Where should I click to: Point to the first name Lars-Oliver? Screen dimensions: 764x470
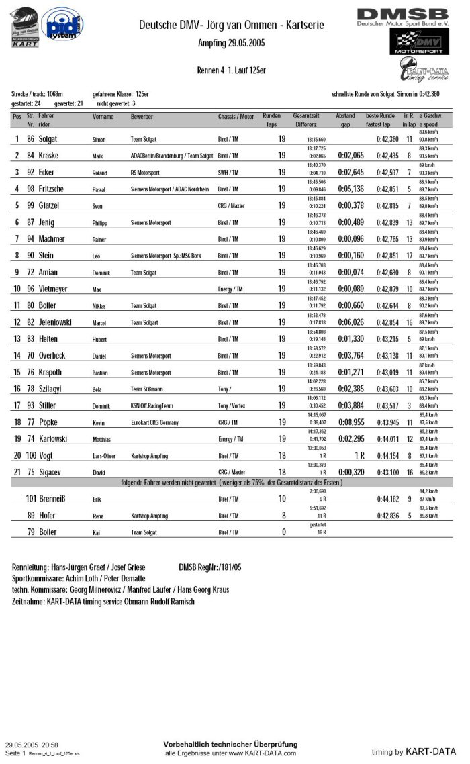pyautogui.click(x=104, y=456)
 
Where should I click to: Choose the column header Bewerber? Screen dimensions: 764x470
pyautogui.click(x=142, y=117)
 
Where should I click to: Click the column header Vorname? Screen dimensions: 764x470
pyautogui.click(x=103, y=117)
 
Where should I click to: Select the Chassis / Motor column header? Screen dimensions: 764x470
pyautogui.click(x=236, y=117)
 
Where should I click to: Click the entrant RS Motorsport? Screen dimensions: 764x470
pyautogui.click(x=148, y=173)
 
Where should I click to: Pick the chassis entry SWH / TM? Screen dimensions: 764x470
pyautogui.click(x=228, y=173)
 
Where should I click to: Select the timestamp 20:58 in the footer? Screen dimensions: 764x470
pyautogui.click(x=49, y=745)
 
